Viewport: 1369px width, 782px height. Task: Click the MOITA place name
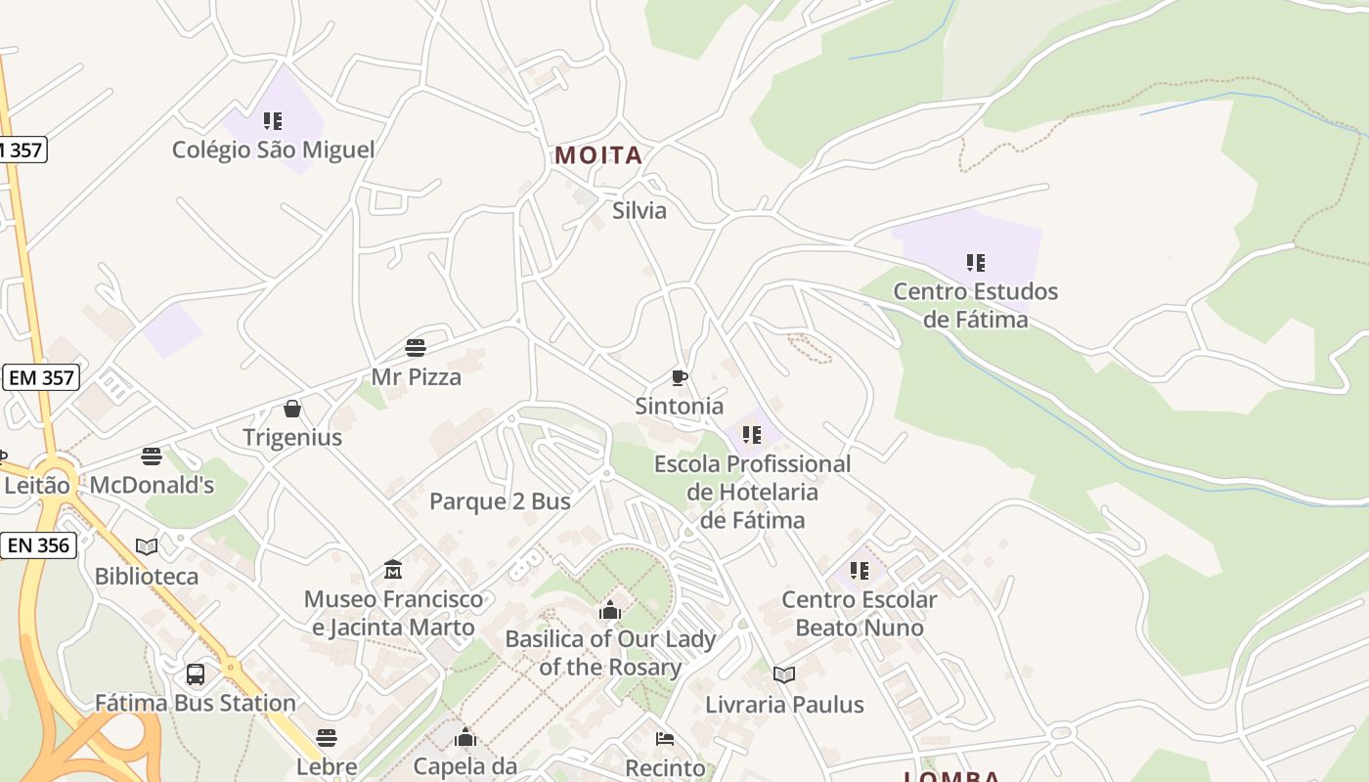[x=598, y=155]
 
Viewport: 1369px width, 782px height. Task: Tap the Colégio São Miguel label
[x=273, y=150]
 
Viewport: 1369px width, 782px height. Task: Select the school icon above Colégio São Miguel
[x=273, y=121]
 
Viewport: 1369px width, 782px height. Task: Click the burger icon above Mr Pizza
[x=416, y=348]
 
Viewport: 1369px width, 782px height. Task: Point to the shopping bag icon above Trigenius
[x=291, y=409]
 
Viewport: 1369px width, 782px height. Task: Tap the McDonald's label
[x=152, y=485]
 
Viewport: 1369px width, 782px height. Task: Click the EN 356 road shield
[x=39, y=545]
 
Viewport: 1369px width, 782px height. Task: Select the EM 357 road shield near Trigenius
[x=41, y=377]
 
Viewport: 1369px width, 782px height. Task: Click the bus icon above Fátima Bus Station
[x=196, y=674]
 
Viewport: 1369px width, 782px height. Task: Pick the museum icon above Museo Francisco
[x=393, y=570]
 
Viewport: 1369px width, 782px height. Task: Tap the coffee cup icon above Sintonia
[x=680, y=377]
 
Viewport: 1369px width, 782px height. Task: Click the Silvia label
[x=640, y=210]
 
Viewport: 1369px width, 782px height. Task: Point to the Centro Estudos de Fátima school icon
[x=975, y=262]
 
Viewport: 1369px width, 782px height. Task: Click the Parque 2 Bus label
[x=500, y=501]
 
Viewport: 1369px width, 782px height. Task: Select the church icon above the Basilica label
[x=610, y=611]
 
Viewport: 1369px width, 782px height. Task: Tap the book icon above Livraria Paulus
[x=784, y=675]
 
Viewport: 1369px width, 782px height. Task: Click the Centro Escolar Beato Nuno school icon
[x=859, y=571]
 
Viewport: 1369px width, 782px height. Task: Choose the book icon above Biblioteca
[x=147, y=547]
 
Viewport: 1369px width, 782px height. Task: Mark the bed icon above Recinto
[x=665, y=740]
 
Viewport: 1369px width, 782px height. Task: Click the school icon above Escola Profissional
[x=751, y=435]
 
